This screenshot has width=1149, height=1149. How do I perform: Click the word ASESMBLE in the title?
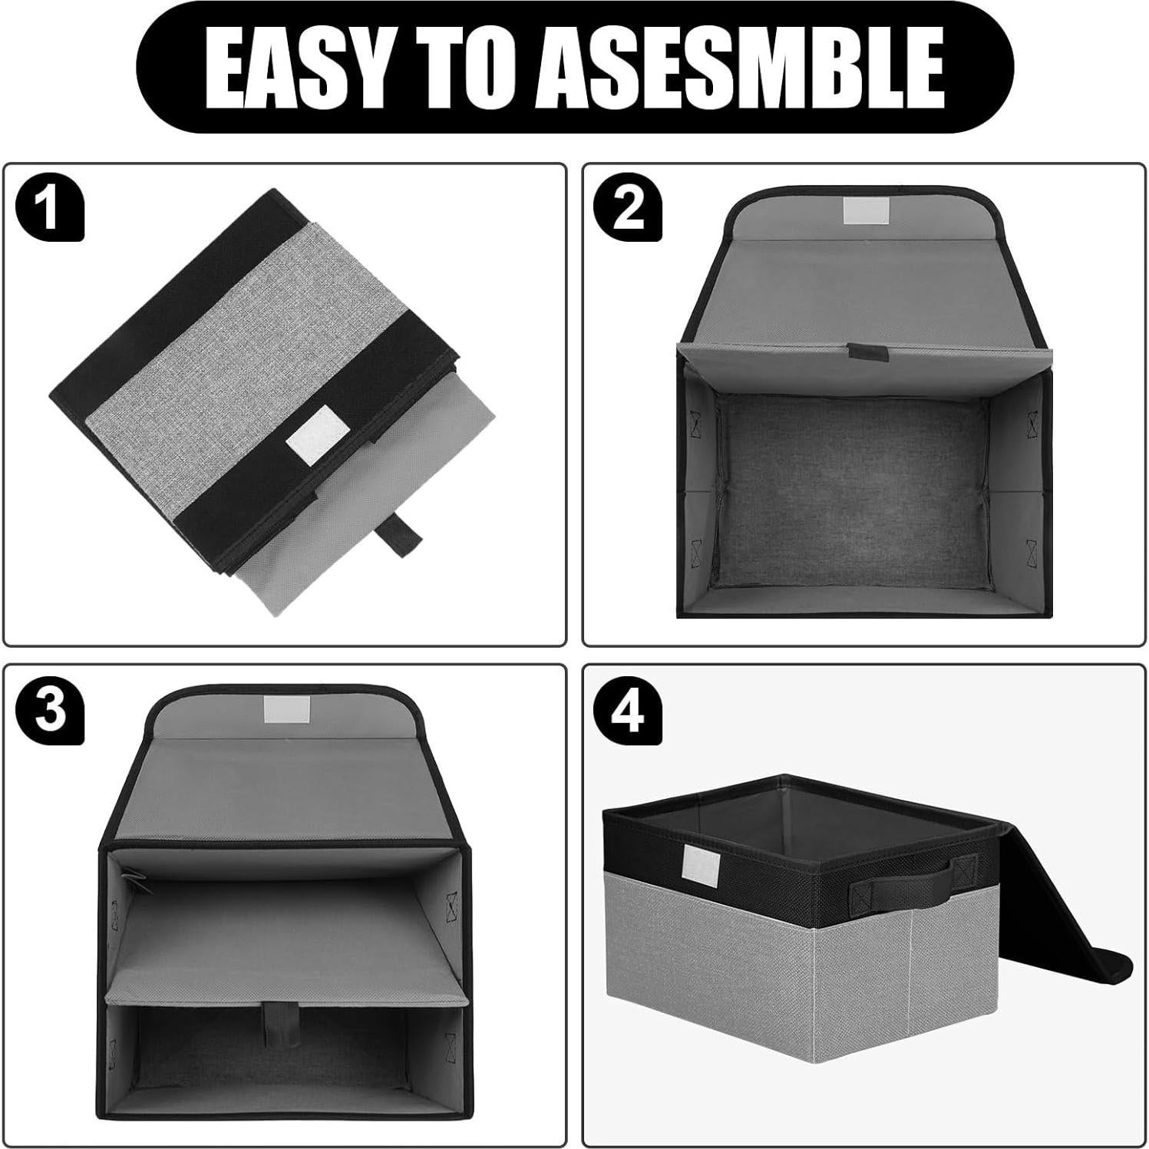pos(739,67)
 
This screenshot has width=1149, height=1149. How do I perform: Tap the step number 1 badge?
pos(50,208)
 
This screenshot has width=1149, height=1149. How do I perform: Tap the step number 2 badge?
pos(628,208)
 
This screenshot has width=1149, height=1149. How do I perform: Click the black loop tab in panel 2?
pos(867,353)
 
